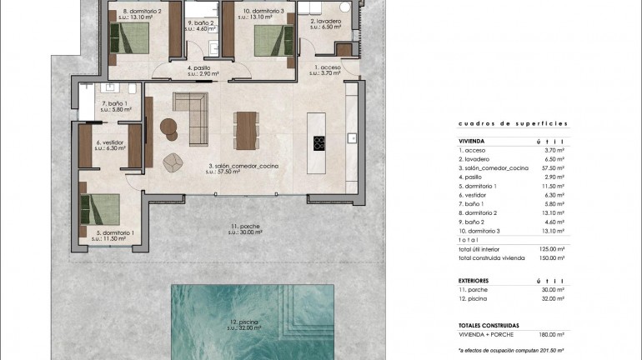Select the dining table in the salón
tap(246, 129)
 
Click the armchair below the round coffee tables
tap(173, 162)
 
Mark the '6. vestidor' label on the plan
tap(109, 142)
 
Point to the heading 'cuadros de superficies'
tap(499, 124)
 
